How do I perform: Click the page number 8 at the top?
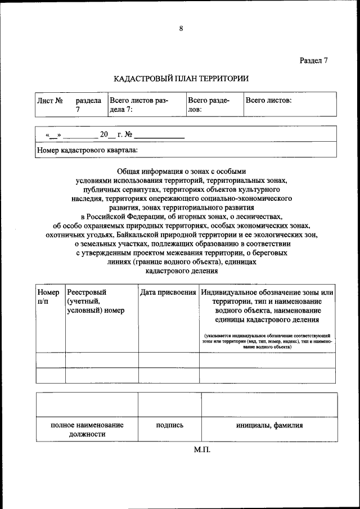coord(181,29)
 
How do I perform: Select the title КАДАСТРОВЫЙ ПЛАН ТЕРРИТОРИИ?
coord(181,79)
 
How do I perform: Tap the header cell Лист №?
coord(49,100)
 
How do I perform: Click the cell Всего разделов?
coord(208,105)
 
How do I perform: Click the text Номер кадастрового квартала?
coord(87,150)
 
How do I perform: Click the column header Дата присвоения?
coord(168,292)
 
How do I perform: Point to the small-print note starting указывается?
coord(267,341)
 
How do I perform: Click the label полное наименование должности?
coord(87,430)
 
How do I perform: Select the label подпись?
coord(169,426)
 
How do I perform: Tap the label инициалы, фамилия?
coord(269,426)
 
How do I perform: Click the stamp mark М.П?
coord(202,450)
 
